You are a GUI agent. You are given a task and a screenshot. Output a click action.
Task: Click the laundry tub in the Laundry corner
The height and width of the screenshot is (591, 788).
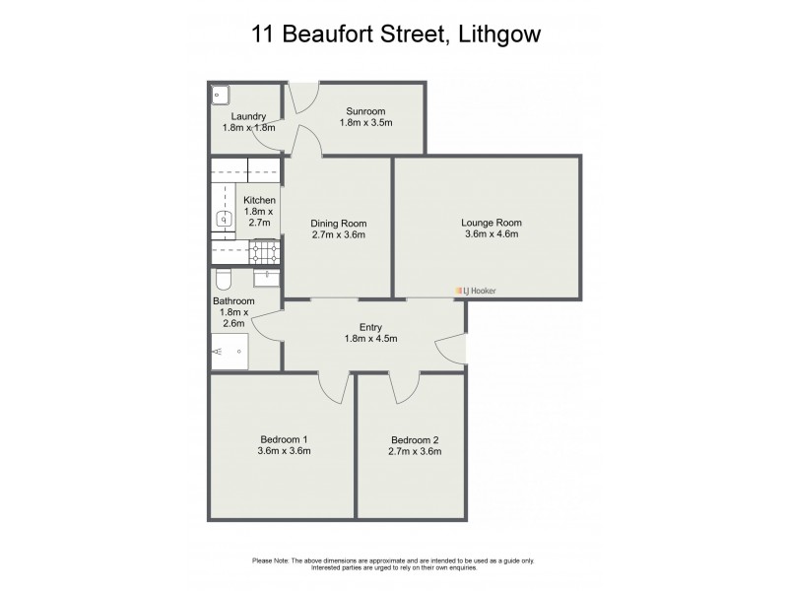tap(220, 95)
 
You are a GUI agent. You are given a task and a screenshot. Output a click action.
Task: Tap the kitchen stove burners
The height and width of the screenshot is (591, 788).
tap(263, 253)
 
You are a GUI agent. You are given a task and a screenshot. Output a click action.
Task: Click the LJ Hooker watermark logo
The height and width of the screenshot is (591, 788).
tap(478, 290)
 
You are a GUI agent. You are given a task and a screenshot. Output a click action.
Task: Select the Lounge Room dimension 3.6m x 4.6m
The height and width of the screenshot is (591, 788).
tap(490, 234)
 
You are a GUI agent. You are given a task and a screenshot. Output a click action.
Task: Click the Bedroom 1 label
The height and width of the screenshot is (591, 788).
tap(285, 439)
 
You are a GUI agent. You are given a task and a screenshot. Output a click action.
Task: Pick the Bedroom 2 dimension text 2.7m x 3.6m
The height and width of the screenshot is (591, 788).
tap(415, 452)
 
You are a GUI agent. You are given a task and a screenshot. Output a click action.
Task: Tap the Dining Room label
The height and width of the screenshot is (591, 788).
tap(338, 223)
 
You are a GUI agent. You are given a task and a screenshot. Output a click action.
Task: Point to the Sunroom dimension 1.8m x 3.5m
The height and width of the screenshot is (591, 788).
tap(365, 123)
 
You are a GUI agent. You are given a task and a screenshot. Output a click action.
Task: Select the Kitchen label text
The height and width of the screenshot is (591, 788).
tap(260, 200)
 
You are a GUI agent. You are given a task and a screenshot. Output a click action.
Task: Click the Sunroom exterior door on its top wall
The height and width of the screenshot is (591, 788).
tap(300, 96)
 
